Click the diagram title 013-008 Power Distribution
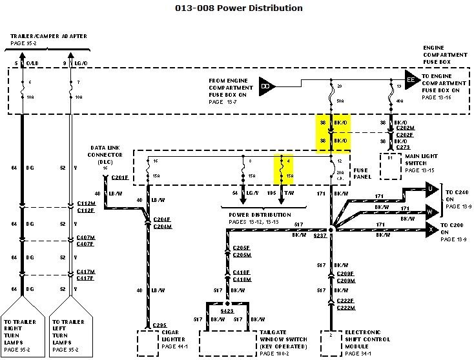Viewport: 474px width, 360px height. [x=239, y=8]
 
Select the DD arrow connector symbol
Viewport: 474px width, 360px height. [x=265, y=85]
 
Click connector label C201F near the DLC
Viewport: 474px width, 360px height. [x=120, y=177]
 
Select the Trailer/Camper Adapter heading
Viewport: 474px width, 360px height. [x=49, y=36]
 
